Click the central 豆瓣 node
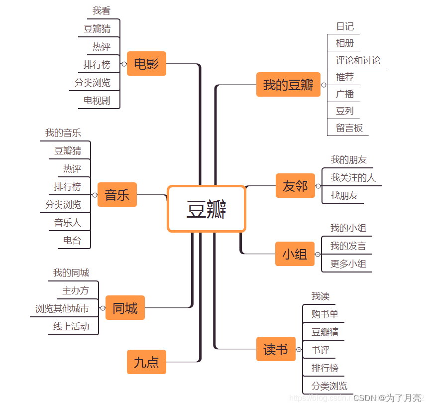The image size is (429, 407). [x=207, y=209]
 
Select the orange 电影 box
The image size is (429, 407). [x=146, y=64]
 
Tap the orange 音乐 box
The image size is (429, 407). [x=117, y=195]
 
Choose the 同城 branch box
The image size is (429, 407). [x=125, y=308]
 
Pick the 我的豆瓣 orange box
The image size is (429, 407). [x=288, y=85]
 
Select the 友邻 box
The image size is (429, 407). [x=295, y=186]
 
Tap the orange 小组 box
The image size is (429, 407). [x=295, y=254]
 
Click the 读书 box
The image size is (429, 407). [x=276, y=350]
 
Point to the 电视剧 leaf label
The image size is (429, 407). [x=97, y=101]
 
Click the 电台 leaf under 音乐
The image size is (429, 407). [x=72, y=241]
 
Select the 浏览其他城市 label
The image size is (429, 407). [x=62, y=309]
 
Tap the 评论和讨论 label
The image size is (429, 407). [x=358, y=60]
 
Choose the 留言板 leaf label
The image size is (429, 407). [x=349, y=128]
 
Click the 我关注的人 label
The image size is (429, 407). [x=353, y=178]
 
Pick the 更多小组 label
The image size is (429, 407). [x=348, y=264]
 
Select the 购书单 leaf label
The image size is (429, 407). [x=325, y=314]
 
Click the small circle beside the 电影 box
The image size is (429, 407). [x=124, y=64]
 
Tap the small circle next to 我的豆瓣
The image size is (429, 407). [x=324, y=85]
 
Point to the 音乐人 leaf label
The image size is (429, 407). [x=68, y=223]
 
